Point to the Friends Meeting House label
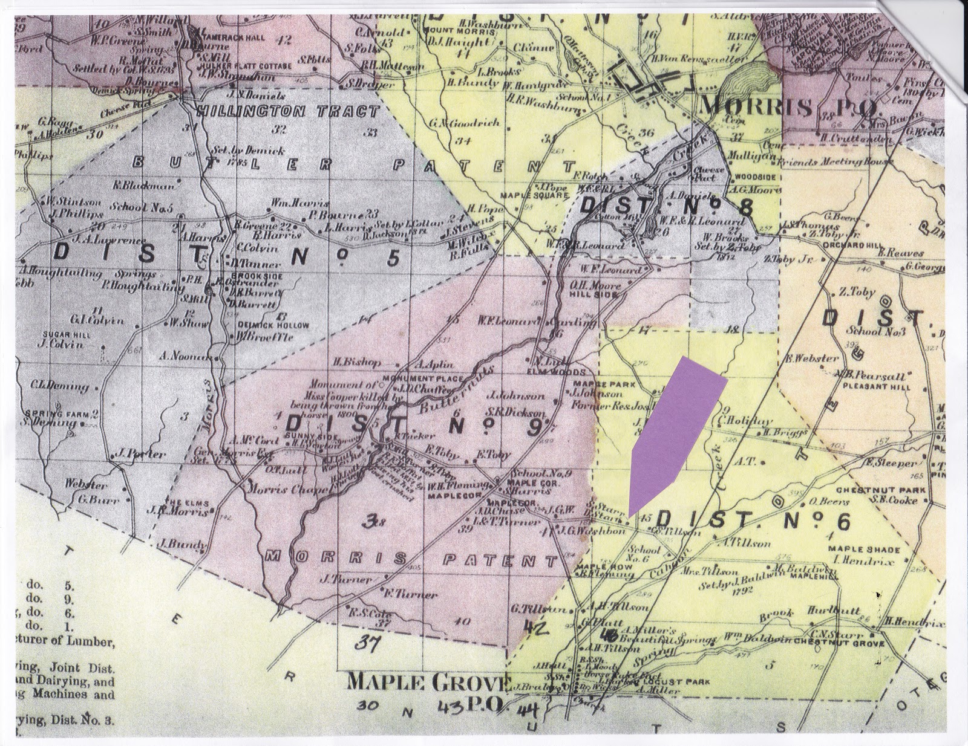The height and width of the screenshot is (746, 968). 835,163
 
